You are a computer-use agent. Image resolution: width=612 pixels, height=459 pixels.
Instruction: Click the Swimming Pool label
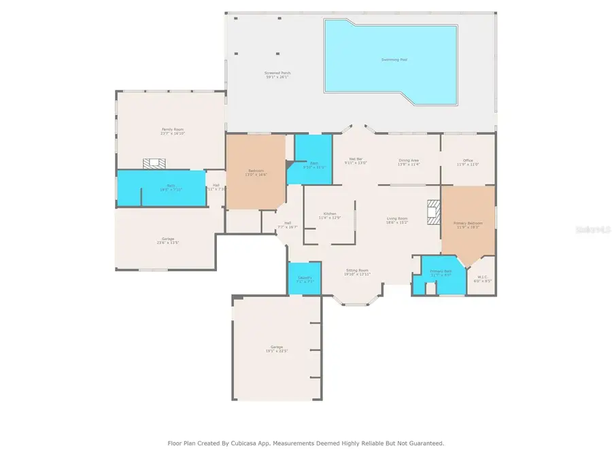click(394, 60)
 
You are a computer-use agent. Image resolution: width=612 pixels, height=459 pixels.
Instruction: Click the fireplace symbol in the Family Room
click(153, 163)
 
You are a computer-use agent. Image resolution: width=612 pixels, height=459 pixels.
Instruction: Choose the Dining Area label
click(408, 160)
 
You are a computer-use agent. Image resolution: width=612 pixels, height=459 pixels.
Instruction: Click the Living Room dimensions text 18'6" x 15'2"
click(397, 222)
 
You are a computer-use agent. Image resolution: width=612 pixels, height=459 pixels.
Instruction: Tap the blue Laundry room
click(305, 279)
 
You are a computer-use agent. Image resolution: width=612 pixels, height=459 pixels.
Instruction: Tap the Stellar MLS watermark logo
click(594, 231)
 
